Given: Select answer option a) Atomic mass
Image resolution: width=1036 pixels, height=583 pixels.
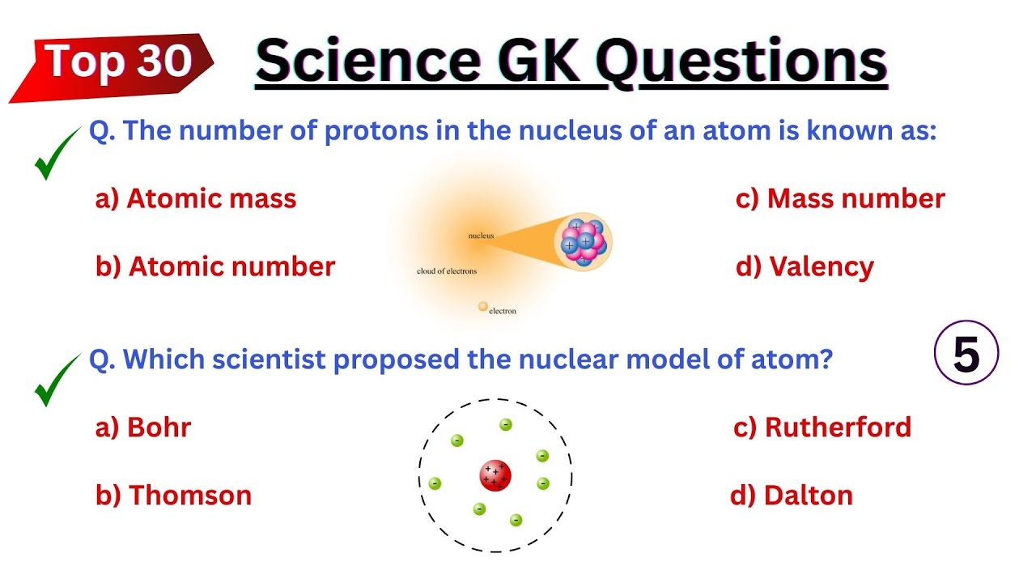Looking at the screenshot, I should click(x=196, y=199).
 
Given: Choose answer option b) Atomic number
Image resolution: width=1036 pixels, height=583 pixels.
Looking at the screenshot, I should click(x=214, y=267).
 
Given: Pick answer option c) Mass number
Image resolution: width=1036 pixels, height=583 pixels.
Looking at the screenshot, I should click(x=839, y=199).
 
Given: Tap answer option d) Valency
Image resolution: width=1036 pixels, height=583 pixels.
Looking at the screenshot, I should click(x=805, y=267).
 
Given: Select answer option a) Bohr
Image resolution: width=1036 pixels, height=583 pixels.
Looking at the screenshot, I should click(x=143, y=428).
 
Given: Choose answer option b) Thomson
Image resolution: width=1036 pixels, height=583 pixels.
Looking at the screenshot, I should click(x=173, y=496).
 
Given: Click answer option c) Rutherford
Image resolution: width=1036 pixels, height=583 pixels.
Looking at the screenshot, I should click(x=822, y=428).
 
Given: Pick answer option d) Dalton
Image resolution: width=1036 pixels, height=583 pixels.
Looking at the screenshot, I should click(x=791, y=496).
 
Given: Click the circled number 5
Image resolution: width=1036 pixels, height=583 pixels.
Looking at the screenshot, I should click(x=966, y=355).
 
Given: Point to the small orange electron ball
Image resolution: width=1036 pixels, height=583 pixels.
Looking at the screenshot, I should click(x=483, y=307).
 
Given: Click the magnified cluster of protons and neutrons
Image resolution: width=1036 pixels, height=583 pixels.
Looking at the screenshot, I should click(x=583, y=241).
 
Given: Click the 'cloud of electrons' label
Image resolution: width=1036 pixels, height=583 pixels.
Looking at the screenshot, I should click(x=447, y=271).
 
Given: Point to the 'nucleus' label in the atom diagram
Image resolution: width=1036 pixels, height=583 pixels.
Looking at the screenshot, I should click(x=481, y=236).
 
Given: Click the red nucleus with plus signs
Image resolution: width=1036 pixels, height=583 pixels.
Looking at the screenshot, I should click(x=495, y=475).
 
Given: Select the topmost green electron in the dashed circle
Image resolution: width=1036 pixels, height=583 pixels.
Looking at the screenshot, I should click(x=506, y=424).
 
